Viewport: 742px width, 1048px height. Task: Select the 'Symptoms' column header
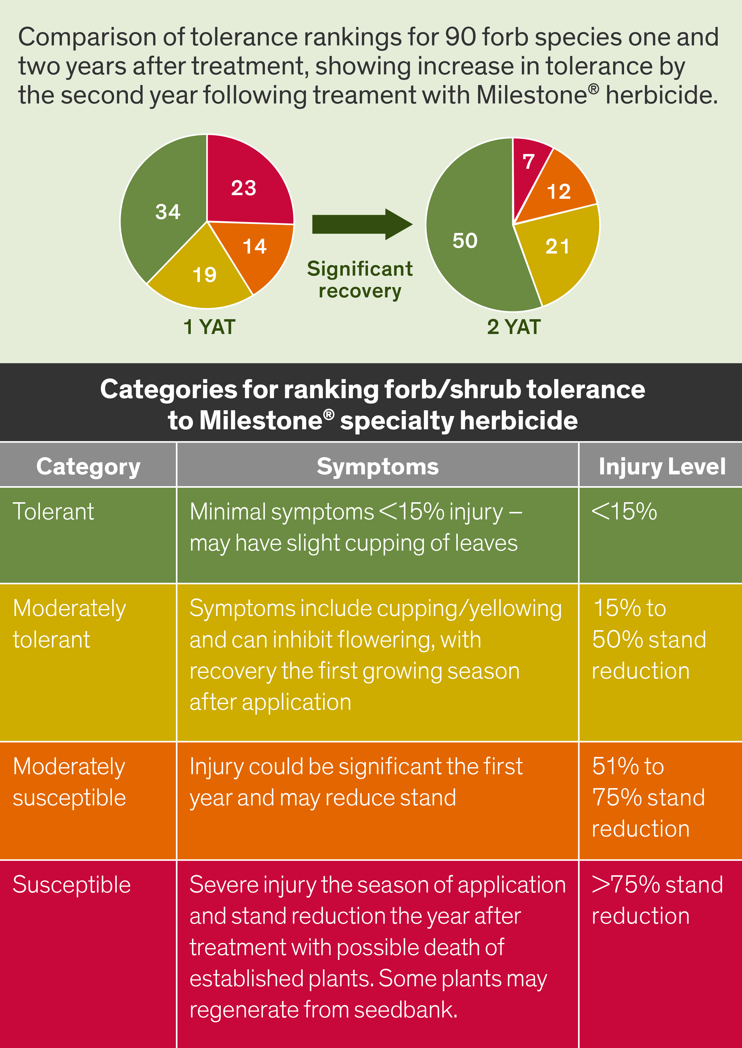[x=377, y=467]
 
